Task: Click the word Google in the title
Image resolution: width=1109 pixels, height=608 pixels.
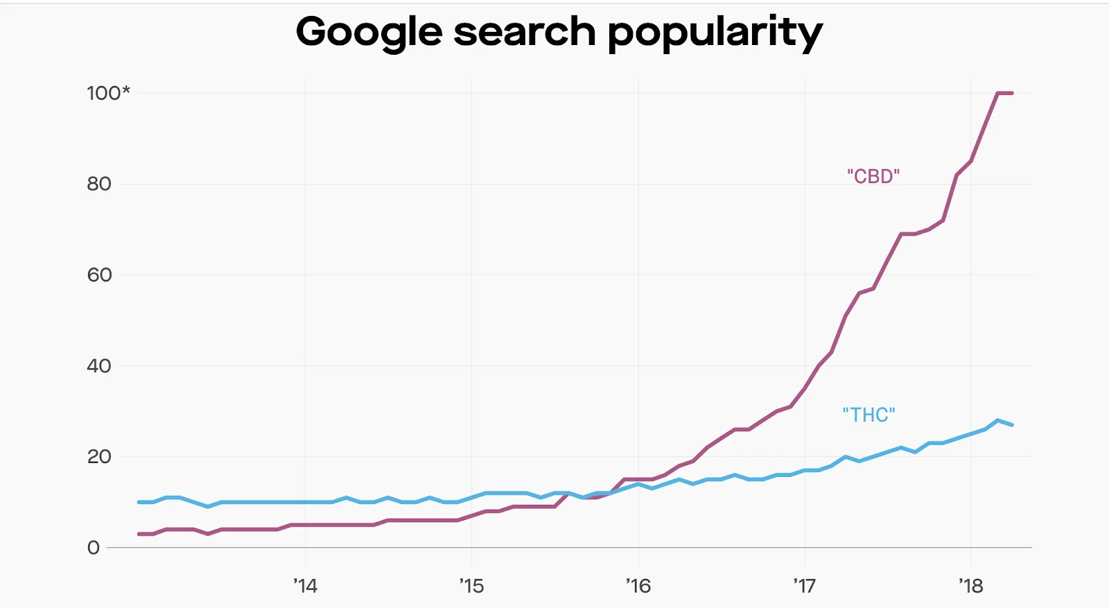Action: [x=369, y=33]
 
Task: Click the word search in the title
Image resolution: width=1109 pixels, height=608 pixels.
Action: [x=525, y=32]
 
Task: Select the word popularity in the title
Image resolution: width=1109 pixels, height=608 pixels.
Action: [x=715, y=33]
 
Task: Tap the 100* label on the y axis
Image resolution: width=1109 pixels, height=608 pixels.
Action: [x=108, y=93]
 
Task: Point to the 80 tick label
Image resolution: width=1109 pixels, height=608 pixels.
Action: [x=99, y=184]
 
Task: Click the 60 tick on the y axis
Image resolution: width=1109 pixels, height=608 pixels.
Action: [x=99, y=275]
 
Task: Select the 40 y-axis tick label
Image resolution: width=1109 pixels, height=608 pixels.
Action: [x=99, y=366]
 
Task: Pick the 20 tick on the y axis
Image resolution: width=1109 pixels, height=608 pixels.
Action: [x=99, y=457]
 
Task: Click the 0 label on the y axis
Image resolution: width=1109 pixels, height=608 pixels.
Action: [x=94, y=548]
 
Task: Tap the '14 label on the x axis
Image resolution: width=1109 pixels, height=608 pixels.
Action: [x=305, y=587]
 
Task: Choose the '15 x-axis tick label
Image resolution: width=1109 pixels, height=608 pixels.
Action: [x=471, y=587]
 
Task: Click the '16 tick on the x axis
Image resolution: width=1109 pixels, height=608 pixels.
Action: [x=638, y=587]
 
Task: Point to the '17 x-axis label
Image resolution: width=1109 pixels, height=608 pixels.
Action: [x=805, y=587]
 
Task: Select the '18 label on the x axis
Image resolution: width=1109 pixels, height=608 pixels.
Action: [x=971, y=587]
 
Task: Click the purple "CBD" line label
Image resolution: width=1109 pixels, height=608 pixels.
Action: [x=873, y=176]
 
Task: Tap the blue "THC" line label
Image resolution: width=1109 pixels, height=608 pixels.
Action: [x=868, y=415]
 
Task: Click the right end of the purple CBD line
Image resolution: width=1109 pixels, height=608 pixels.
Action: [x=1012, y=93]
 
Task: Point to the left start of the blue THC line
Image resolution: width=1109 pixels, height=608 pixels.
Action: [x=139, y=502]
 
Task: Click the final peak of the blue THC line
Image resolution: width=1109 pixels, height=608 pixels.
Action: [x=998, y=420]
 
